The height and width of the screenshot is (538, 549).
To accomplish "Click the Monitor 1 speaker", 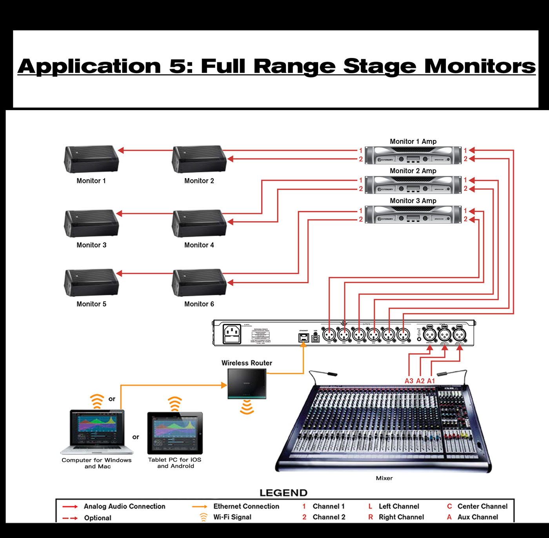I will [x=91, y=159].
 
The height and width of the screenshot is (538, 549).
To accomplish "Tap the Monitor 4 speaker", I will [x=199, y=223].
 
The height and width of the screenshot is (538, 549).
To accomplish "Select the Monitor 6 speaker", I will [x=199, y=283].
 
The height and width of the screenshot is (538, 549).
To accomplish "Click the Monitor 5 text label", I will [x=91, y=304].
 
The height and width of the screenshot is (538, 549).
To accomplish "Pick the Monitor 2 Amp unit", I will [x=413, y=185].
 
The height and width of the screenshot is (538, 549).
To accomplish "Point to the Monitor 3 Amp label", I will [x=413, y=201].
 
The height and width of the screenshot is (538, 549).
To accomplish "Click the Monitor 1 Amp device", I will [x=413, y=155].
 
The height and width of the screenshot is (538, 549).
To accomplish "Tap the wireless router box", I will [x=247, y=384].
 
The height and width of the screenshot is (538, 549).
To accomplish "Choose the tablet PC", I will [x=175, y=433].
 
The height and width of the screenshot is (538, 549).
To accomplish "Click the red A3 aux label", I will [x=409, y=381].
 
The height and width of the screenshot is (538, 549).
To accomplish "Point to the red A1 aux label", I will [x=431, y=381].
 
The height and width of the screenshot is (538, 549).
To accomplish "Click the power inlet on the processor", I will [x=232, y=334].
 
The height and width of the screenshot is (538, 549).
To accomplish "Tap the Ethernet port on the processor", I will [x=304, y=337].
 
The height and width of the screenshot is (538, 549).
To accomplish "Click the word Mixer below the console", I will [x=384, y=478].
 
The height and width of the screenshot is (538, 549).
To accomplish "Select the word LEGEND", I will [x=283, y=493].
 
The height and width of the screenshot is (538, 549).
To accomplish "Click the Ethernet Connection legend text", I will [x=246, y=506].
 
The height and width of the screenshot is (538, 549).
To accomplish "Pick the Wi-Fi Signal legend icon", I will [x=204, y=517].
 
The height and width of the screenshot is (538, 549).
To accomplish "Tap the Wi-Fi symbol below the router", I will [x=247, y=408].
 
